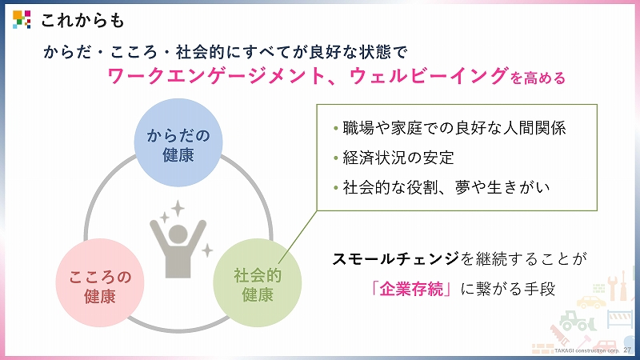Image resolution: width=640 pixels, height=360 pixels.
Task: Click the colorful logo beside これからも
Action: (22, 19)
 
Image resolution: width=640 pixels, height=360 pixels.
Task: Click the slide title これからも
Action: (82, 20)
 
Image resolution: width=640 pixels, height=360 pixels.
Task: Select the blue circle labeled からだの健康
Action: (178, 142)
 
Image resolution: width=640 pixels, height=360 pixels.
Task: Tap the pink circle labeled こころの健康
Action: (100, 283)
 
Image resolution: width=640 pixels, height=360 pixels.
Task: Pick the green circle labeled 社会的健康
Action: (258, 283)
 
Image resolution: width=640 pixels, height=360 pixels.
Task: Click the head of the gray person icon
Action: (178, 234)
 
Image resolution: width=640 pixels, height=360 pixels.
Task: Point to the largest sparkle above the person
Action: (178, 208)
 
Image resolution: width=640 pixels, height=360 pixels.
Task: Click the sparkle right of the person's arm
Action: (207, 250)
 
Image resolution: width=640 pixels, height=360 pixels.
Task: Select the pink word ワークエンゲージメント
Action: (216, 76)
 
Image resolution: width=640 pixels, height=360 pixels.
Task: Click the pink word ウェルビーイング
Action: (429, 76)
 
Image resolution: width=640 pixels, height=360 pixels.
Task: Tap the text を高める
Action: (538, 78)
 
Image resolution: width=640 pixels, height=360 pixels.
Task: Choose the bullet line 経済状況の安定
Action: (394, 158)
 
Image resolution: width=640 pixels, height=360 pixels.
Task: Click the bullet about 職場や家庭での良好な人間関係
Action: (450, 128)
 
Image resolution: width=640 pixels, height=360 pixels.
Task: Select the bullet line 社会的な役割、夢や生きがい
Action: (442, 187)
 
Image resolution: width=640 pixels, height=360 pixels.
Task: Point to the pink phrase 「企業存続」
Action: (412, 290)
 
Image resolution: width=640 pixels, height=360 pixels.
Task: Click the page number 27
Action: (627, 350)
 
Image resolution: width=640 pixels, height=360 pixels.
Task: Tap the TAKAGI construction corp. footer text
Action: (586, 350)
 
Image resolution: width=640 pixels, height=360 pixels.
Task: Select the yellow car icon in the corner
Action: (591, 302)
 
